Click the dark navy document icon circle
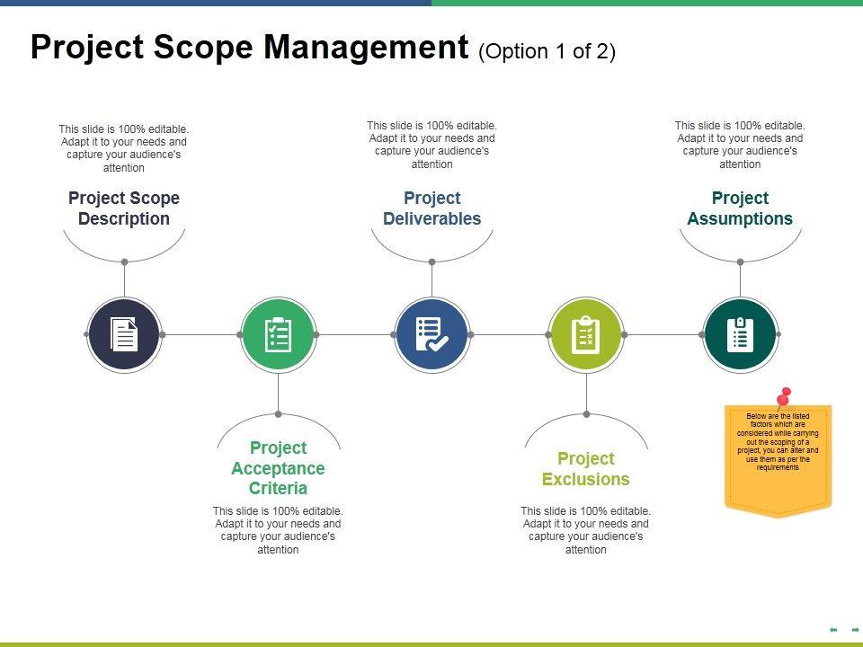(x=124, y=334)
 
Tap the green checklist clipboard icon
(x=279, y=334)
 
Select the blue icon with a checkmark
(x=432, y=334)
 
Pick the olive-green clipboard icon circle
(x=586, y=334)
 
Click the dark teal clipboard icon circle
(x=740, y=334)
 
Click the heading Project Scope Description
(x=124, y=208)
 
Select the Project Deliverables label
(x=432, y=208)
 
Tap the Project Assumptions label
(x=740, y=208)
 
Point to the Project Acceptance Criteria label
(x=279, y=468)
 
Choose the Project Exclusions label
(x=586, y=468)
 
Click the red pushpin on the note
(x=784, y=396)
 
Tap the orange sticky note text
(x=778, y=442)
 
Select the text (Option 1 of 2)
(x=547, y=51)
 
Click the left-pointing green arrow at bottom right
(x=833, y=630)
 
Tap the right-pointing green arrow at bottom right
(x=855, y=630)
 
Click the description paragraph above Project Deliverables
(x=432, y=145)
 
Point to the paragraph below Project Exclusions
(x=586, y=530)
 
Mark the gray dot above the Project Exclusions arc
(x=586, y=414)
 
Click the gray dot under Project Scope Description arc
(x=124, y=262)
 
